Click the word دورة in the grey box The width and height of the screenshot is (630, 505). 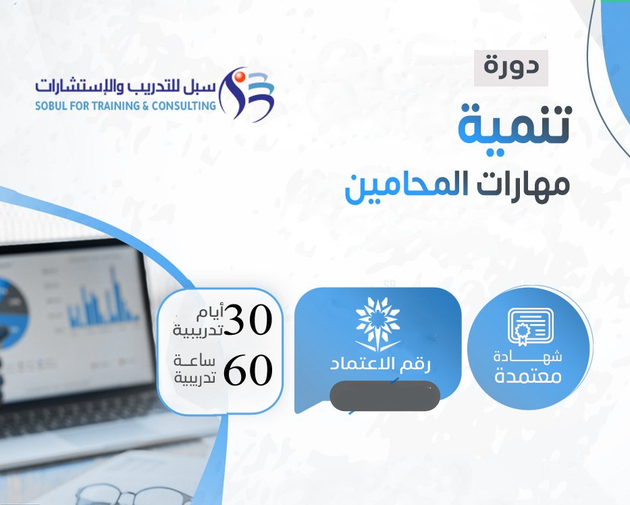[x=511, y=66]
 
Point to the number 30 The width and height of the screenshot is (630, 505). [x=248, y=319]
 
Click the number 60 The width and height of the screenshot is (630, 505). [x=248, y=369]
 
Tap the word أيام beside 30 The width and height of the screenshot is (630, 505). [x=211, y=313]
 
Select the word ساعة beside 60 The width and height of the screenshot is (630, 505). [x=194, y=361]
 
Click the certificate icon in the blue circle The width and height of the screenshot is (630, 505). [x=530, y=327]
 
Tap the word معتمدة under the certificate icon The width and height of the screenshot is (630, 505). [x=528, y=377]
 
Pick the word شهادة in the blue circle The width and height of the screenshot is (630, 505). [x=527, y=356]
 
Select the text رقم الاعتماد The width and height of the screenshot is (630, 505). [x=380, y=364]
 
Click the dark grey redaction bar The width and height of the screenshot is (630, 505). [x=384, y=396]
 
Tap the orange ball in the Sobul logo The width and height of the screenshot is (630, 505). [x=240, y=76]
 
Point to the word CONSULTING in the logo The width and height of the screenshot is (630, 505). [x=184, y=106]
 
